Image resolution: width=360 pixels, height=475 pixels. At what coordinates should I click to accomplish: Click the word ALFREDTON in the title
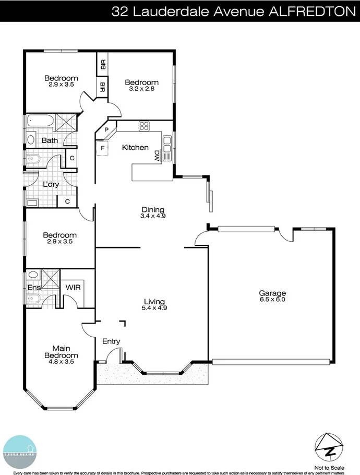point(311,11)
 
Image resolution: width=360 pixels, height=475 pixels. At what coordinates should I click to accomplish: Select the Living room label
point(154,301)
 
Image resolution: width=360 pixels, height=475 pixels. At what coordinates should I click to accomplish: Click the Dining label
point(152,209)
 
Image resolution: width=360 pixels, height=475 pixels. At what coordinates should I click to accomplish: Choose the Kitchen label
point(135,148)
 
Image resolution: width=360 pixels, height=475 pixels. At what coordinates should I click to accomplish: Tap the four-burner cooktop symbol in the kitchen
point(144,126)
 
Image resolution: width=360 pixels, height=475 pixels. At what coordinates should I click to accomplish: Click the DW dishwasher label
point(157,155)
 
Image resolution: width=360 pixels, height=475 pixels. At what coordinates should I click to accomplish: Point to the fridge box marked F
point(103,148)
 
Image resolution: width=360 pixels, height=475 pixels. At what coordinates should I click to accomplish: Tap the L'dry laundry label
point(50,184)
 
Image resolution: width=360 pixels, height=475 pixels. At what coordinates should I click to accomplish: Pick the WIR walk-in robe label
point(73,287)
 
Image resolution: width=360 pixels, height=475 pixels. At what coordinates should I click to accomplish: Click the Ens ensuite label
point(33,287)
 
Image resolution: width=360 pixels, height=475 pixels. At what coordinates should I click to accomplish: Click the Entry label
point(111,341)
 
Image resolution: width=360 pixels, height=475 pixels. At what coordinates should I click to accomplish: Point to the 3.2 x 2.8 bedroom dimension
point(141,89)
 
